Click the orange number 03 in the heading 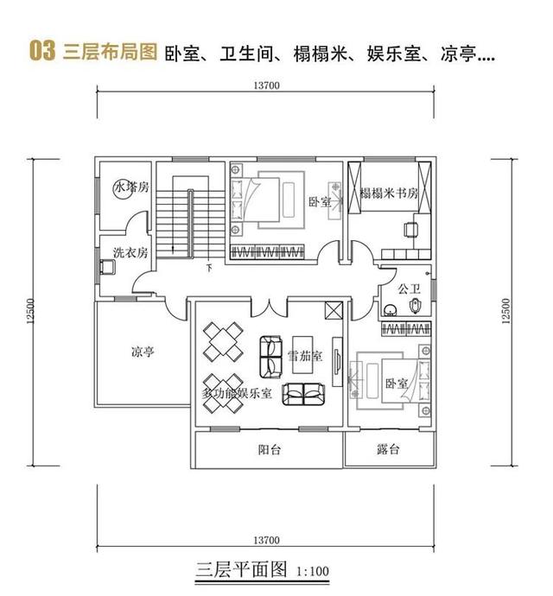click(x=42, y=51)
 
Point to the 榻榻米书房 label click(x=389, y=193)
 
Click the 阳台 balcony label click(x=270, y=451)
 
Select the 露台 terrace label click(x=388, y=451)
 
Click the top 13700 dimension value click(x=267, y=84)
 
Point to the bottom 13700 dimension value click(x=267, y=540)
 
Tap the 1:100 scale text click(x=312, y=573)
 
